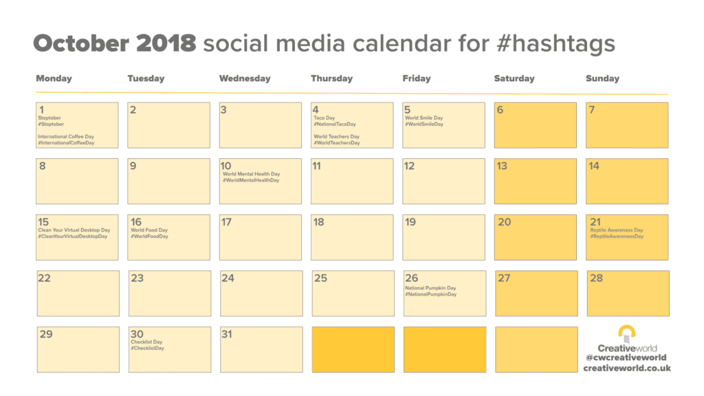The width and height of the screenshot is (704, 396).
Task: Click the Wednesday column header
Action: pos(245,78)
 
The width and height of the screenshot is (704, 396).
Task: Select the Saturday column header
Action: pos(514,78)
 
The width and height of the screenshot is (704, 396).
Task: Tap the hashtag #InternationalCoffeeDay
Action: pos(67,143)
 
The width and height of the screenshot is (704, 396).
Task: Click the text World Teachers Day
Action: pos(336,137)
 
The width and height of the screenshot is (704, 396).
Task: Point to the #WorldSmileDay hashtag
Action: pos(423,124)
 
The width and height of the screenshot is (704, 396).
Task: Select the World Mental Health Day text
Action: pos(251,174)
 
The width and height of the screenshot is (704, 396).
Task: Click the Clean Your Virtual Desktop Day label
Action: pos(74,230)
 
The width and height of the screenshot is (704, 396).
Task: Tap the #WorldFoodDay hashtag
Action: pos(149,236)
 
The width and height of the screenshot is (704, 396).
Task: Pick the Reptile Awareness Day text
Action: pos(617,230)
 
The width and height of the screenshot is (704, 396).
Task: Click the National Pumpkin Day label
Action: pos(430,288)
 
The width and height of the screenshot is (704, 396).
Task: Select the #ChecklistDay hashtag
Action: pos(147,348)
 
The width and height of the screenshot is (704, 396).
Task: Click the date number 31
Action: pos(227,334)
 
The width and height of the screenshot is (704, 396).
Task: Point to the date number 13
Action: pos(501,166)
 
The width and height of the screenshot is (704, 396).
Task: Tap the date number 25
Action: pos(320,278)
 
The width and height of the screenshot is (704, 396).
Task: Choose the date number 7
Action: pos(592,109)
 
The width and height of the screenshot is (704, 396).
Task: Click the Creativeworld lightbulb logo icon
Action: pos(627,334)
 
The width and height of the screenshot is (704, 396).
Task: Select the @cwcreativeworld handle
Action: pos(626,357)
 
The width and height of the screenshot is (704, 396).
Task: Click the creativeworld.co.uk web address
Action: pos(627,368)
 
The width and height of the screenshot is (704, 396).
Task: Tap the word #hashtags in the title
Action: pos(555,44)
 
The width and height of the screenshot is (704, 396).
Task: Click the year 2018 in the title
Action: pos(166,43)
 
